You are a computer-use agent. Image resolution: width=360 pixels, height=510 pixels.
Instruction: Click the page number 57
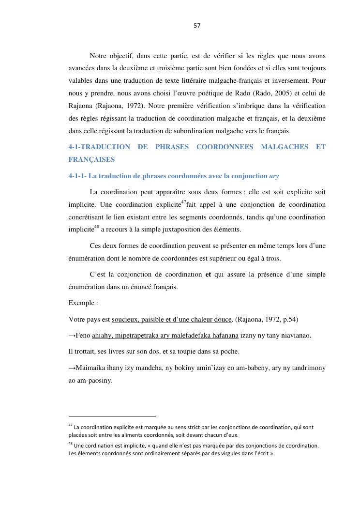(197, 26)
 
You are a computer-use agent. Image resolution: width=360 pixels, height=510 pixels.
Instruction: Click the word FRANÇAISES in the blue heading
(91, 159)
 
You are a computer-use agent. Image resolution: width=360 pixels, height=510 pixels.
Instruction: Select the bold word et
(209, 274)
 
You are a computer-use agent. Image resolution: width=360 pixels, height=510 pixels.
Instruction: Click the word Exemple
(82, 303)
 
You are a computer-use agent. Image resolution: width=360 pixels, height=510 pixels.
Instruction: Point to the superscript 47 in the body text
(183, 201)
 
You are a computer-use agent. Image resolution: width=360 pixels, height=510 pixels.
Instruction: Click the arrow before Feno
(72, 335)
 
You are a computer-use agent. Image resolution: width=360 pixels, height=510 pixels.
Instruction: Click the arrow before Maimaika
(72, 368)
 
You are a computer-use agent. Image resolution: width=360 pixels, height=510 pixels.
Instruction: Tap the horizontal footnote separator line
(112, 416)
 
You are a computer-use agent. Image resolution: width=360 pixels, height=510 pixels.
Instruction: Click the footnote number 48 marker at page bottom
(71, 444)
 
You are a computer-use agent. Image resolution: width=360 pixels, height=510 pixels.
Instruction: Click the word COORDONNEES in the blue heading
(224, 147)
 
